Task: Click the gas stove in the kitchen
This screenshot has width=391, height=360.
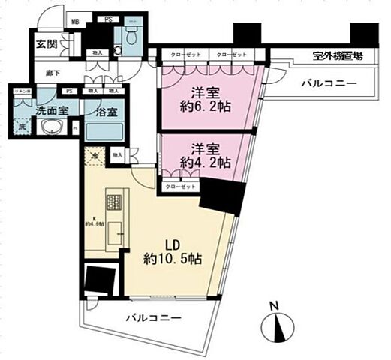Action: point(114,202)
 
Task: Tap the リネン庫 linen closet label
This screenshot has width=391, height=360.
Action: point(22,91)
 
